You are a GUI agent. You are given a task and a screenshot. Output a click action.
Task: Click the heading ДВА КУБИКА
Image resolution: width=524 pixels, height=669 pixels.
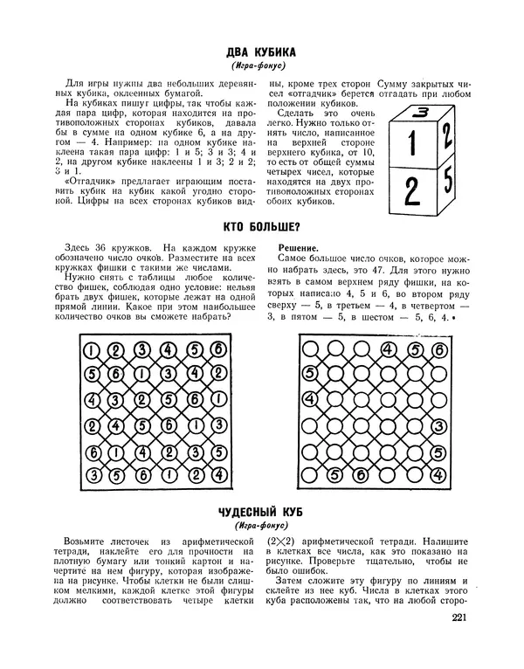click(261, 51)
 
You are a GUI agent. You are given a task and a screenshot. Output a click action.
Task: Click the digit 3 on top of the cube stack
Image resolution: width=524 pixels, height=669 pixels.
click(422, 112)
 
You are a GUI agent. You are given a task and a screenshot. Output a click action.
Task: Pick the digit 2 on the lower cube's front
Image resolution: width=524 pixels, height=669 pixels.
click(410, 191)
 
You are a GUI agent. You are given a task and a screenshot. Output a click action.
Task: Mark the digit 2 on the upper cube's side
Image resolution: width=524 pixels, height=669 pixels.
click(446, 135)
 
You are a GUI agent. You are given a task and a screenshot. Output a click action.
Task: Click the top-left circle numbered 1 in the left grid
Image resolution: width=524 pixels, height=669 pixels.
click(91, 351)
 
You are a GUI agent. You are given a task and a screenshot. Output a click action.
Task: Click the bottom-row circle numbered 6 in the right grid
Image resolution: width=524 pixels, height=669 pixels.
click(362, 475)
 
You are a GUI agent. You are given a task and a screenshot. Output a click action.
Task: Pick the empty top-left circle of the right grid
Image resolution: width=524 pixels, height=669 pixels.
click(308, 351)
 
